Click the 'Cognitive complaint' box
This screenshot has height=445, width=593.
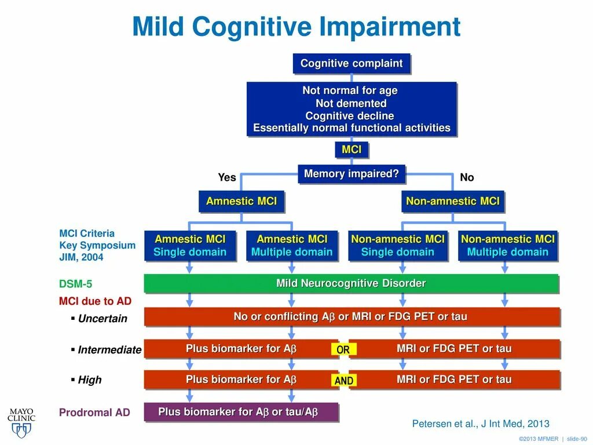pos(352,64)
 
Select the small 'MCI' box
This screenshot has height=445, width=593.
pos(352,150)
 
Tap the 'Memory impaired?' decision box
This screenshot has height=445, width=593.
pos(352,174)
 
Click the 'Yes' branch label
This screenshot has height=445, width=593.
pos(227,177)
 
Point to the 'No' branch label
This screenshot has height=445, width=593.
pos(467,177)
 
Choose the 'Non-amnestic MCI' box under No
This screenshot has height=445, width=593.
pos(453,202)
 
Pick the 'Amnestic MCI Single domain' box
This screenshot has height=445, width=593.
pos(190,246)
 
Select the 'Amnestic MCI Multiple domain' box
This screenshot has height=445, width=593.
pos(292,246)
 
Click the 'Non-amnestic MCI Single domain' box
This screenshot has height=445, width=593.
pos(398,246)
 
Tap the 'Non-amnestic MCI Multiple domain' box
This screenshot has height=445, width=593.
pos(507,246)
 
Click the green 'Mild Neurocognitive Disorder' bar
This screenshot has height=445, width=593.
pos(351,283)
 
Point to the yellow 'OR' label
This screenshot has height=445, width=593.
pos(343,350)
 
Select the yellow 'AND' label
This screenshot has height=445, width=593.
pos(344,381)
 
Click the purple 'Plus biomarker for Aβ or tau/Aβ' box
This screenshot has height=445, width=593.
pos(240,412)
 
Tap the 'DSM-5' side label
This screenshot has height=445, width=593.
pos(75,284)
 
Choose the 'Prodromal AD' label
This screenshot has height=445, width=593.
pos(94,413)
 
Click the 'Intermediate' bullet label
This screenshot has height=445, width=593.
pos(109,349)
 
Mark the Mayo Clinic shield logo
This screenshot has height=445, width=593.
pos(21,429)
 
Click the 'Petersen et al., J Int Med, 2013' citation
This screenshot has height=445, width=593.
pos(481,424)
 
